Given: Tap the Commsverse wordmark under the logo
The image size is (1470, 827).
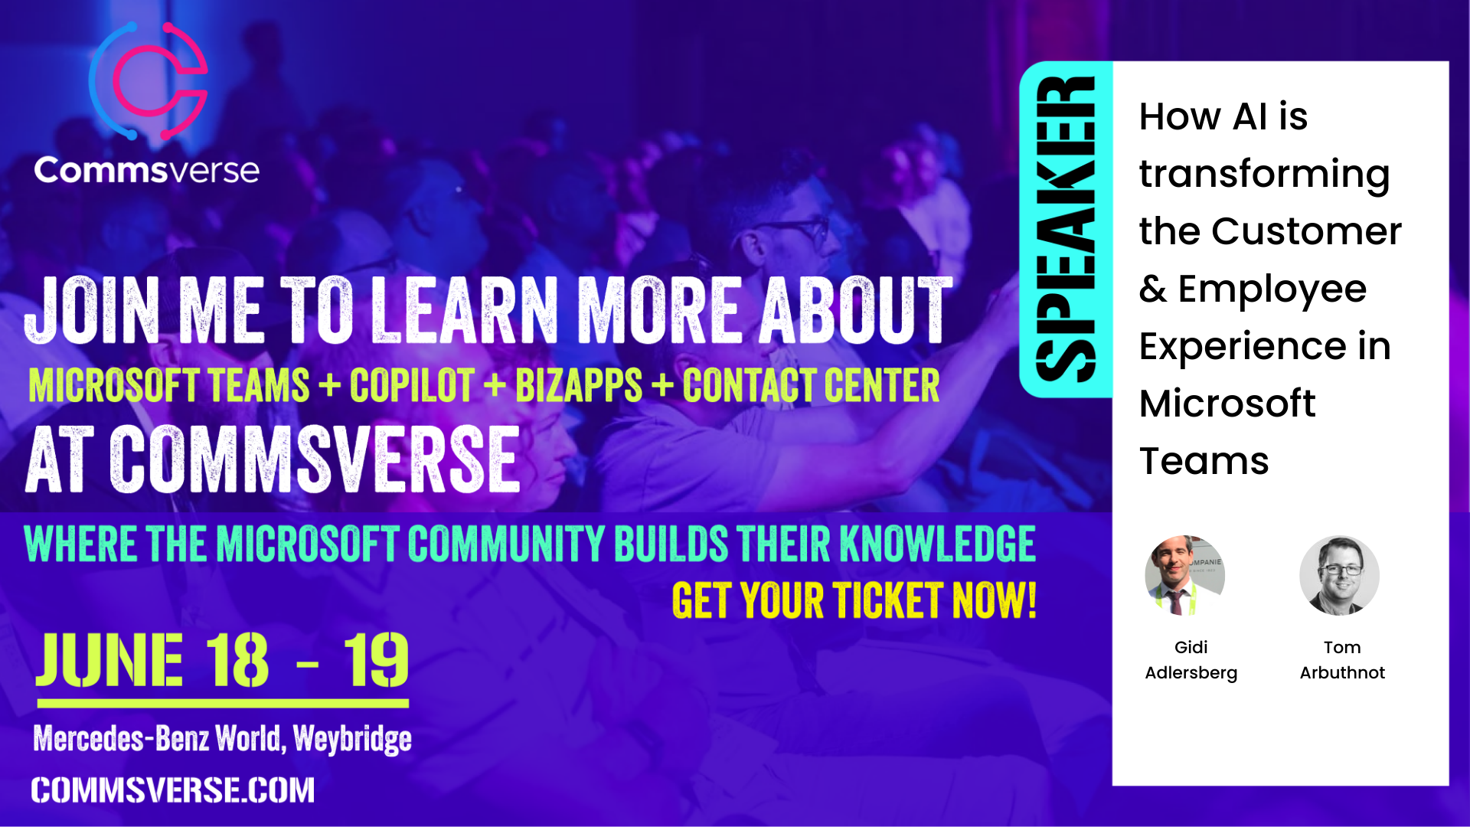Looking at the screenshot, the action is (146, 170).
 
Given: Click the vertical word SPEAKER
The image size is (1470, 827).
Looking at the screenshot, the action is (1065, 229).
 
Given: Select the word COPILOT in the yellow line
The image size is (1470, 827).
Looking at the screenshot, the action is (412, 385).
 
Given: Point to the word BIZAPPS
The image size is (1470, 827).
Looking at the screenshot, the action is (579, 385).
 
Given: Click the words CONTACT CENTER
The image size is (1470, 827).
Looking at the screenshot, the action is (811, 385).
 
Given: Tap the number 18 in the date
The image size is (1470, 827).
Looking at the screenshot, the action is (237, 660).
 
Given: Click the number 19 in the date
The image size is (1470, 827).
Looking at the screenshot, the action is (376, 660).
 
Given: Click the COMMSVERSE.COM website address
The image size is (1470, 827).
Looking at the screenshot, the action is (173, 790).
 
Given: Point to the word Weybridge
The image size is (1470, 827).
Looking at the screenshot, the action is (352, 740).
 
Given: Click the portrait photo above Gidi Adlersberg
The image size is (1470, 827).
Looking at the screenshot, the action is (1184, 575).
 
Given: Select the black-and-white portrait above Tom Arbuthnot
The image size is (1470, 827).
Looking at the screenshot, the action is (1339, 575).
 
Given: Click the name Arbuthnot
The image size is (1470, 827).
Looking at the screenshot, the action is (1342, 672).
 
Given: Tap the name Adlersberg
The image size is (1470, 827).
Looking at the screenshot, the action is (1191, 673).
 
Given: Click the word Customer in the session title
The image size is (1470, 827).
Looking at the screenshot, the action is (1306, 231).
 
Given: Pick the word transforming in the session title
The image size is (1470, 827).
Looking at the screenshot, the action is (1264, 175).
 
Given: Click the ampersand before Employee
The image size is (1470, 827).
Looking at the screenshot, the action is (1153, 289).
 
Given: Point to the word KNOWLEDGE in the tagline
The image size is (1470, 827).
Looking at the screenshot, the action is (938, 544).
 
